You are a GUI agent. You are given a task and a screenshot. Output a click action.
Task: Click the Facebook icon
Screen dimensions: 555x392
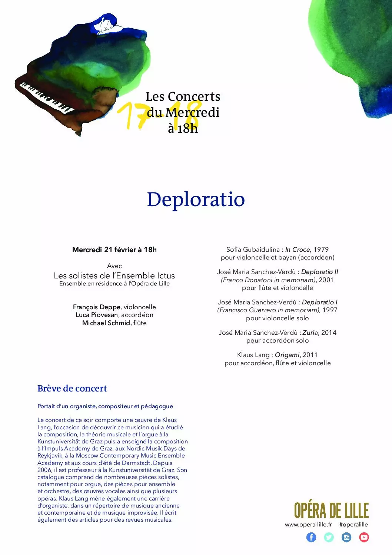pos(311,537)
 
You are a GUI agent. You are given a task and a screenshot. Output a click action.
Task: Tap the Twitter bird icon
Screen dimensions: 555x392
pos(329,537)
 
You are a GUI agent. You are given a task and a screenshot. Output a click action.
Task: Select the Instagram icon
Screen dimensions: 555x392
pos(346,537)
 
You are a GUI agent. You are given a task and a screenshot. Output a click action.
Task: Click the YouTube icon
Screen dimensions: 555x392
pos(364,537)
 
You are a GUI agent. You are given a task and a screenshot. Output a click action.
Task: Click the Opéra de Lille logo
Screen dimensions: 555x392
pos(331,511)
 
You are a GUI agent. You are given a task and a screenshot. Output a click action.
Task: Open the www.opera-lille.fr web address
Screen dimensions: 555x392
pos(308,525)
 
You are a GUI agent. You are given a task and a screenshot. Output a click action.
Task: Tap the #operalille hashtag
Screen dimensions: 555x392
pos(353,525)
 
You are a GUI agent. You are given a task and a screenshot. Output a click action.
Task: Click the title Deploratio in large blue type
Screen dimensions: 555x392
pos(196,199)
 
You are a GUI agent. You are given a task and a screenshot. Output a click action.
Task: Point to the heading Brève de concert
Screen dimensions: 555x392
pos(72,389)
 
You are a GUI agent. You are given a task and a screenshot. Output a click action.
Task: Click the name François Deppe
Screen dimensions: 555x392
pos(97,307)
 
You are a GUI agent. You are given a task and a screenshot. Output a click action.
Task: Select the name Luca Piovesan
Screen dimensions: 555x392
pos(97,315)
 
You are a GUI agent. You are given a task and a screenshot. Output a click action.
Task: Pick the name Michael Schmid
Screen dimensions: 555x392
pos(106,323)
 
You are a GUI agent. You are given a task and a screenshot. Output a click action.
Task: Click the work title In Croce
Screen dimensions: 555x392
pos(298,250)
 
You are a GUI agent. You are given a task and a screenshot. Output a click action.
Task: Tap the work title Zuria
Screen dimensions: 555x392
pos(310,333)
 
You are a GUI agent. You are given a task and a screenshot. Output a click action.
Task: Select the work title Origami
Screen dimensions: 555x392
pos(287,355)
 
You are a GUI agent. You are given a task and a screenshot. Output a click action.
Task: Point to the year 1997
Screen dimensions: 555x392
pos(330,310)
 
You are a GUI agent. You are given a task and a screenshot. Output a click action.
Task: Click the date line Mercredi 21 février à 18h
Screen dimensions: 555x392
pos(114,250)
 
